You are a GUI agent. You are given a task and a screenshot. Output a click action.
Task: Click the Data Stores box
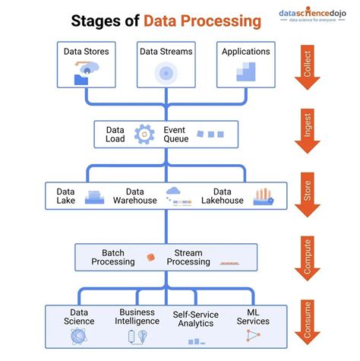[x=86, y=65]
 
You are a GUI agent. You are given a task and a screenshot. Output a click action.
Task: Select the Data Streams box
[x=166, y=65]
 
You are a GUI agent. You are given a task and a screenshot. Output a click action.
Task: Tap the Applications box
[x=245, y=65]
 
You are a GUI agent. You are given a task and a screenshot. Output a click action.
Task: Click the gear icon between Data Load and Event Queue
[x=144, y=135]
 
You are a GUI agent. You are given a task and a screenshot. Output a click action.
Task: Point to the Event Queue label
[x=179, y=135]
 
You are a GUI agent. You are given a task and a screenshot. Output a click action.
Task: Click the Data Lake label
[x=66, y=196]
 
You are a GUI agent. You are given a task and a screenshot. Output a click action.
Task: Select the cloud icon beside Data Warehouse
[x=172, y=192]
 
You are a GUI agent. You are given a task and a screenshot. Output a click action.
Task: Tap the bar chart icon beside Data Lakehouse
[x=263, y=196]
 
